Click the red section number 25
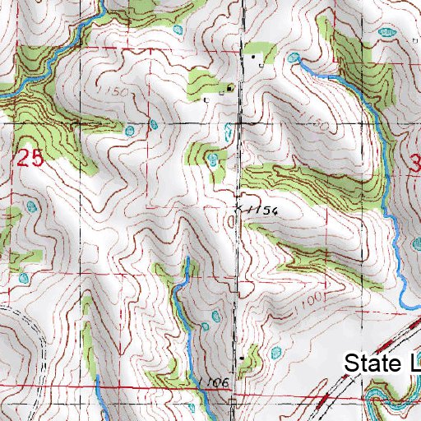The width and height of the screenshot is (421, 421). click(30, 160)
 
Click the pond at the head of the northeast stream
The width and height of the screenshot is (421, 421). click(294, 58)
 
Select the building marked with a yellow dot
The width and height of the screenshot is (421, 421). click(229, 86)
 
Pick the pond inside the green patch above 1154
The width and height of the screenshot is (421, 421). click(214, 158)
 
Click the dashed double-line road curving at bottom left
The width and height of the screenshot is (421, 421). click(37, 345)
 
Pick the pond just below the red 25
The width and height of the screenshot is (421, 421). click(32, 206)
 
